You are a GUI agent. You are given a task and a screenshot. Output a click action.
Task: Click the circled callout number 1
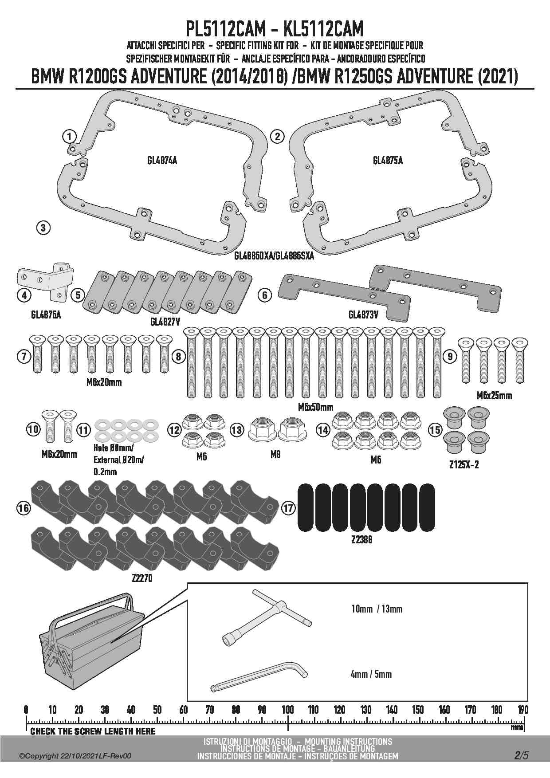tap(69, 136)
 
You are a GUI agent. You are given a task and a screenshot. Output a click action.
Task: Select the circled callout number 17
tap(288, 508)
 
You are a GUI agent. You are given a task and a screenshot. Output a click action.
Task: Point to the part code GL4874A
tap(162, 161)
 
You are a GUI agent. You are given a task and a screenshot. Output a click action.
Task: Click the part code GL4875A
tap(388, 161)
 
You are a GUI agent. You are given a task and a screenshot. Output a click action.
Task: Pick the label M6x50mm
tap(315, 406)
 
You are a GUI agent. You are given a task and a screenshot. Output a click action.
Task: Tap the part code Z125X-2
tap(464, 465)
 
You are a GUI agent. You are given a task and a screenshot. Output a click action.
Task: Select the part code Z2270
tap(142, 578)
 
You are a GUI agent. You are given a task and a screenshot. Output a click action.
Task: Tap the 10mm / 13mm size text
tap(377, 609)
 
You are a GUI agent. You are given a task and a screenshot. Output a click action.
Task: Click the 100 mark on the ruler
tap(288, 710)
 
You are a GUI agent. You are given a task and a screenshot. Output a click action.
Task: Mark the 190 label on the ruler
tap(523, 710)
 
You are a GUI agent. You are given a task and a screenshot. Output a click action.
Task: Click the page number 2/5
tap(522, 755)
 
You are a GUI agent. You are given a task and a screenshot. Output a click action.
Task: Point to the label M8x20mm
tap(59, 454)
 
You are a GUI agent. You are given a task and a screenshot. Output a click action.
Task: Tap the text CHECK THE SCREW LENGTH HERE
tap(93, 731)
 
